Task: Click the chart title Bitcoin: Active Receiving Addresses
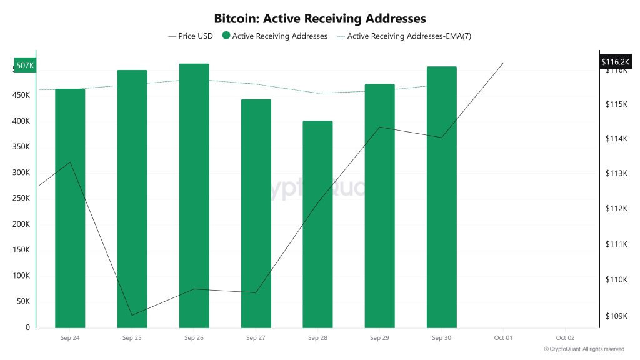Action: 320,18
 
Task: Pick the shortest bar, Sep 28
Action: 317,224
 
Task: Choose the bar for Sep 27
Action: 256,213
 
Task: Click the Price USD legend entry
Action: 191,36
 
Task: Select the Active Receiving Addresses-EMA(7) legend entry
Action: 404,36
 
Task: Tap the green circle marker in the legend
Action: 226,36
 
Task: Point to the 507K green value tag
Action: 25,66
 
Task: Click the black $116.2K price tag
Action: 616,61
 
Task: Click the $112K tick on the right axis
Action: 616,208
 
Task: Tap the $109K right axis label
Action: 616,316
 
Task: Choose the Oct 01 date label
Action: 503,338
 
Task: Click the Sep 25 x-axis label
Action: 132,338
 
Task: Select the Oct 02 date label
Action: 565,338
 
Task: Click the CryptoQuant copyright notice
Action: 584,349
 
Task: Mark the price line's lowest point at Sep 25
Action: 132,316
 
